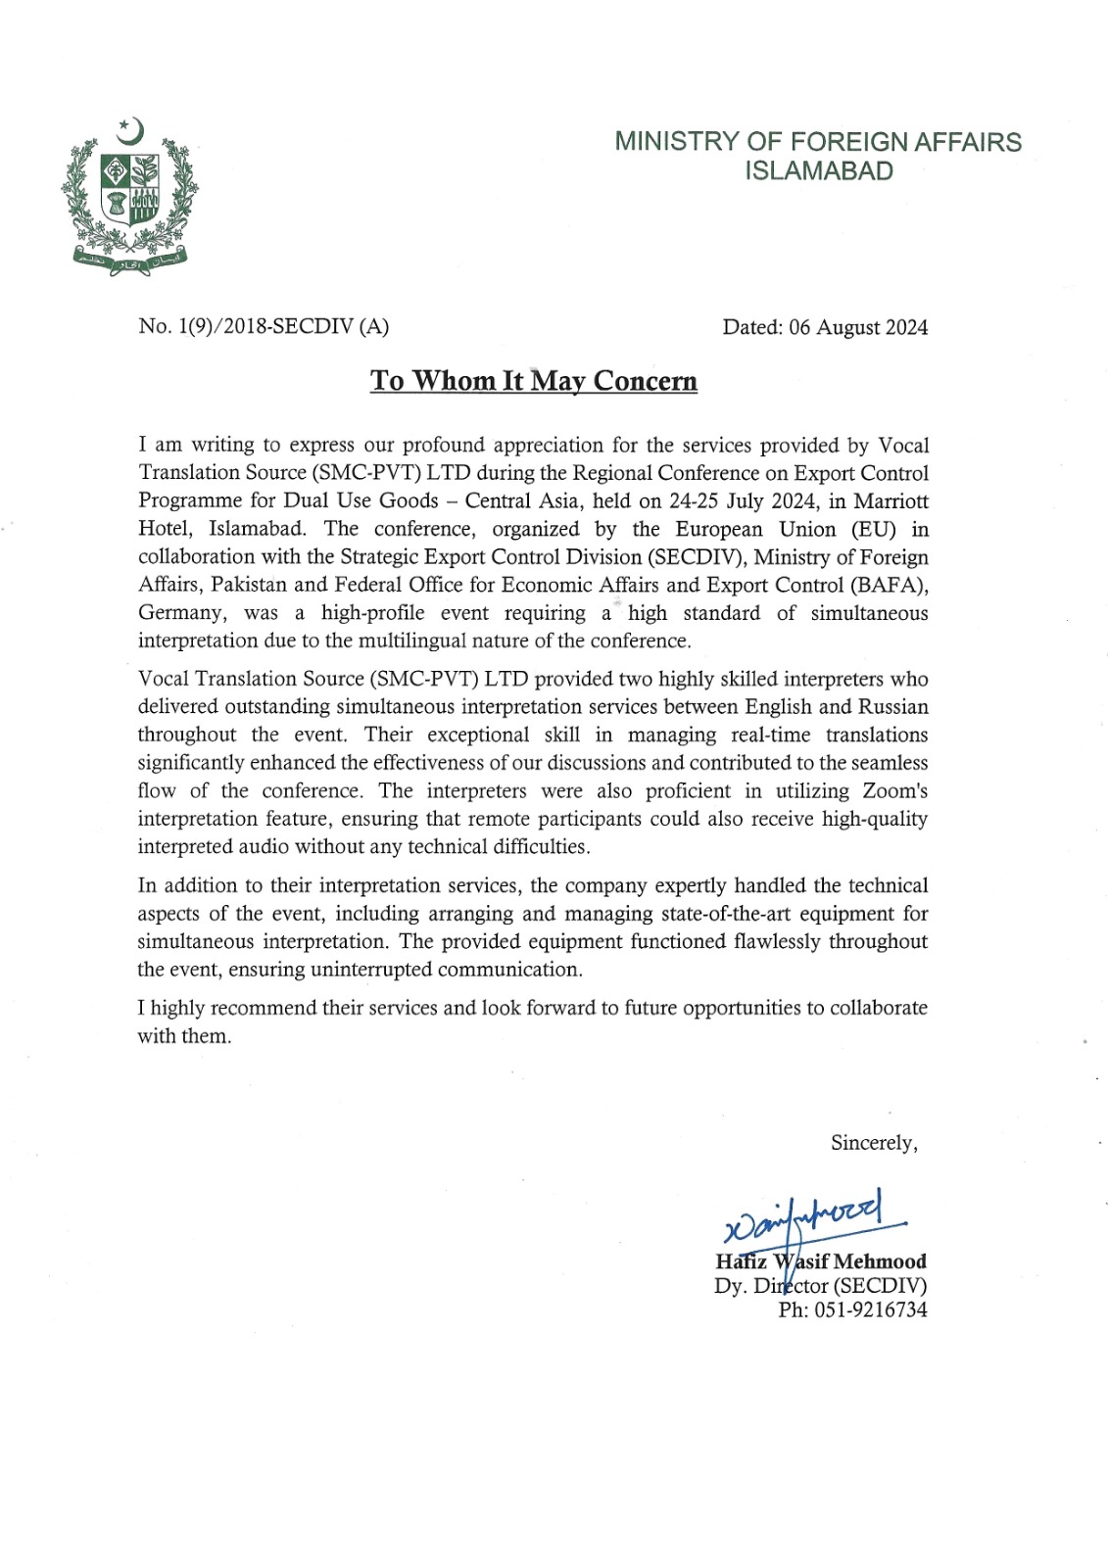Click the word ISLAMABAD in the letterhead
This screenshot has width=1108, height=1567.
819,171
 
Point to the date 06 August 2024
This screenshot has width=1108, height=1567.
858,327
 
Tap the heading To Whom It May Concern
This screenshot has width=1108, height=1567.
534,381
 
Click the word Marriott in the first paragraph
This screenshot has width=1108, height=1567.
891,501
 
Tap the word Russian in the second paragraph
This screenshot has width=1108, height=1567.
893,707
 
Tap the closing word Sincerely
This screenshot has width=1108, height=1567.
873,1143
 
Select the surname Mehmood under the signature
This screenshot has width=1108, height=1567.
880,1261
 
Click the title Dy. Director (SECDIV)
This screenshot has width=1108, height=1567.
820,1286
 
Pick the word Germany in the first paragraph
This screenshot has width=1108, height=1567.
180,613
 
